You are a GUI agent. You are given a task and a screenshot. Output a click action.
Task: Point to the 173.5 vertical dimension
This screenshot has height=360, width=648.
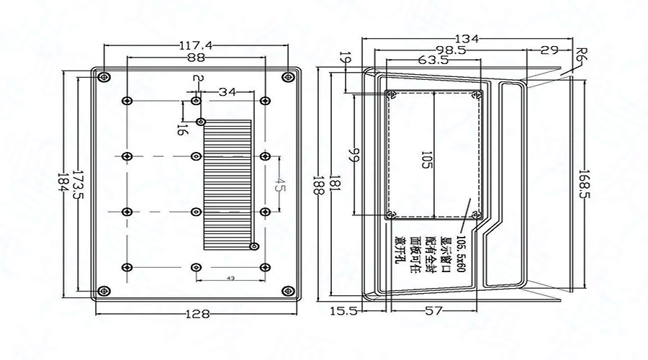click(78, 186)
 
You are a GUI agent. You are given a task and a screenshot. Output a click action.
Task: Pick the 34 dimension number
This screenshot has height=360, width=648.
click(227, 92)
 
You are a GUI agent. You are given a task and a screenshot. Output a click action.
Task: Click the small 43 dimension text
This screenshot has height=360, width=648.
click(230, 278)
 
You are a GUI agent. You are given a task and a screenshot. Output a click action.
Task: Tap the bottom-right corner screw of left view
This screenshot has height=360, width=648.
click(288, 291)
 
